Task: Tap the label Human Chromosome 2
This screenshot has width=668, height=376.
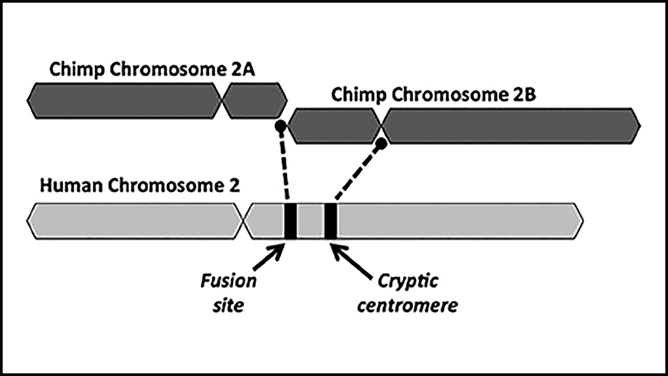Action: coord(134,185)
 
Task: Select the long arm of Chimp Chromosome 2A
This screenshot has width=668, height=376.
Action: coord(124,101)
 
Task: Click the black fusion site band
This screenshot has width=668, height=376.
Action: coord(291,221)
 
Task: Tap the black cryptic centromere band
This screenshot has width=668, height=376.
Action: coord(331,221)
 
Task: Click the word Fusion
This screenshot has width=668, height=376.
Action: coord(228,280)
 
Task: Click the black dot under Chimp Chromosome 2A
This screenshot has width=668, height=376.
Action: coord(280,126)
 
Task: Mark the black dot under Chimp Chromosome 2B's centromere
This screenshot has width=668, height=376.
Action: coord(381,143)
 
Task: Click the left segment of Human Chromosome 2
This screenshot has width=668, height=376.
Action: coord(134,221)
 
